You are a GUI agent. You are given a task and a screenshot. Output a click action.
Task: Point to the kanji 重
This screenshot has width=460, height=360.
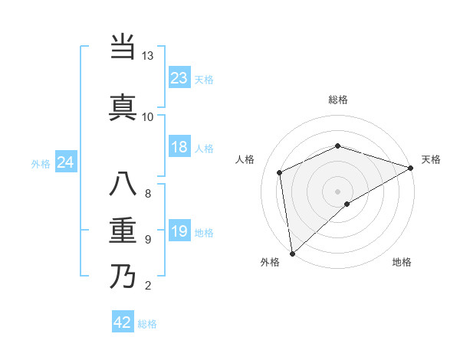[x=123, y=231]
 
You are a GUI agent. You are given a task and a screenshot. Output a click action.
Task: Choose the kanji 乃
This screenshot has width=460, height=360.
[x=123, y=276]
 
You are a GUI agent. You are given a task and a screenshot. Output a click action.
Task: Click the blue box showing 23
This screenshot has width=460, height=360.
[x=179, y=78]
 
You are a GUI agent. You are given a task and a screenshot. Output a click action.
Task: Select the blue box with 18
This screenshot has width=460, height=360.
[x=179, y=147]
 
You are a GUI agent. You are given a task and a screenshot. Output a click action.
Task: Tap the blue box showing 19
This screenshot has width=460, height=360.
[x=179, y=231]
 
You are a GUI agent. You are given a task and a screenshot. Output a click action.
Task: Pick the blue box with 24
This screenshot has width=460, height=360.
[x=66, y=162]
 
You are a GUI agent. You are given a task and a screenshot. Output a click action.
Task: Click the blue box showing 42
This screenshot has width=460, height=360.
[x=123, y=322]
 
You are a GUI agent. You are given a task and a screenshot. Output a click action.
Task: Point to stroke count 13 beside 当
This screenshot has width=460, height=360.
[x=147, y=56]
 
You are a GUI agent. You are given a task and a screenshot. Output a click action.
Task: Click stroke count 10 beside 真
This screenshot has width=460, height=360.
[x=147, y=116]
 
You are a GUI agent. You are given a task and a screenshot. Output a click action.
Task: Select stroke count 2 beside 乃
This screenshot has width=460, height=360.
[x=147, y=286]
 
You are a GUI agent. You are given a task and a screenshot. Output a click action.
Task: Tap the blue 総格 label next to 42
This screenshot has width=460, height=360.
[x=147, y=324]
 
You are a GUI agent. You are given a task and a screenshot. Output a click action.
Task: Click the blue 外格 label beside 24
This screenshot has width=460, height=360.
[x=41, y=163]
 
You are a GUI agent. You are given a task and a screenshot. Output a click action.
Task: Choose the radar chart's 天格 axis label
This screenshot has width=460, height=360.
[x=431, y=159]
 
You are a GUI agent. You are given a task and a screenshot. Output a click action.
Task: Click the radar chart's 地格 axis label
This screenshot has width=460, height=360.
[x=402, y=262]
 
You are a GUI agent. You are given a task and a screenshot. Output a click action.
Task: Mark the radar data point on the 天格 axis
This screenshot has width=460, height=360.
[x=410, y=168]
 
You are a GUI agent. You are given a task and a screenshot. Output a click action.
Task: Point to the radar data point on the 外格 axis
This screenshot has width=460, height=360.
[x=292, y=253]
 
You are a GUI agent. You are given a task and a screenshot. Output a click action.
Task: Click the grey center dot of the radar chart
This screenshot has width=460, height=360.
[x=337, y=191]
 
